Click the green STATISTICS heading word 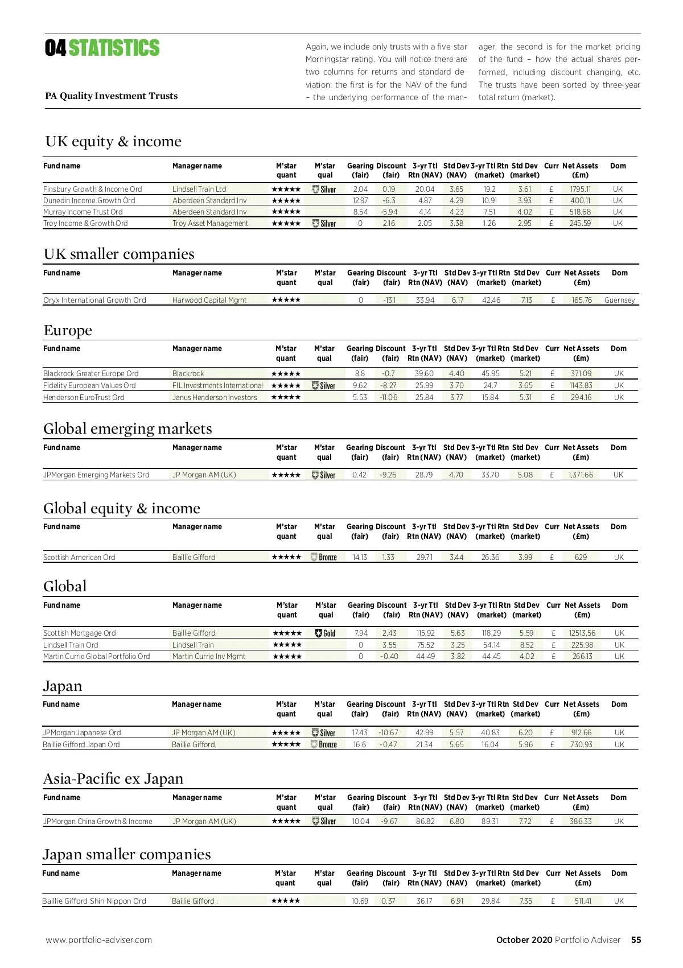tap(114, 48)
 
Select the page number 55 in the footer tap(636, 940)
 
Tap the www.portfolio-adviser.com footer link tap(99, 940)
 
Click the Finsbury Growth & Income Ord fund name tap(92, 189)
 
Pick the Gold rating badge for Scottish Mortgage tap(325, 633)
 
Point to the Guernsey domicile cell tap(619, 300)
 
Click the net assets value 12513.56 tap(582, 633)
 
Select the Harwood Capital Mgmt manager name tap(209, 300)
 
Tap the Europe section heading tap(68, 330)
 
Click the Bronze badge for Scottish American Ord tap(324, 557)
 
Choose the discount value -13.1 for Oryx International tap(389, 300)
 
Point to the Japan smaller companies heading tap(126, 854)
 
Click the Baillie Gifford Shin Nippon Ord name tap(94, 901)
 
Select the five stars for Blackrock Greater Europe tap(286, 373)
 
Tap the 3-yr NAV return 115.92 tap(425, 633)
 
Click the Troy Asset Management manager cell tap(210, 223)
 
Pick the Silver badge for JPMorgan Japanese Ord tap(324, 732)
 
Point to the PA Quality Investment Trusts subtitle tap(112, 96)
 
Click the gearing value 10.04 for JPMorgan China tap(361, 821)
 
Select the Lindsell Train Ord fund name tap(71, 645)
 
